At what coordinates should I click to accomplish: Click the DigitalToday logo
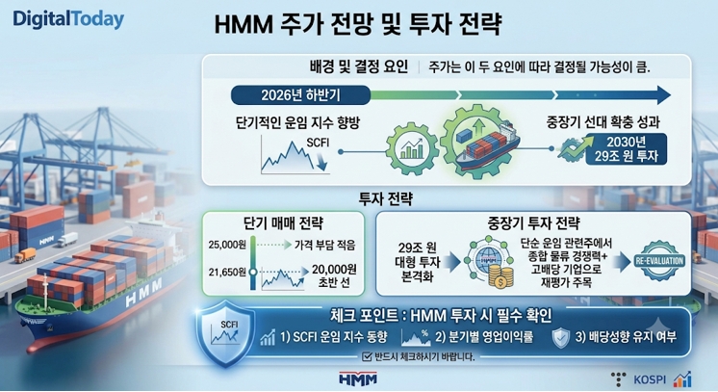pyautogui.click(x=68, y=19)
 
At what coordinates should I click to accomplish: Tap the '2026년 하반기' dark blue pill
pyautogui.click(x=300, y=95)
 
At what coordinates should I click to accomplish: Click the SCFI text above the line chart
pyautogui.click(x=318, y=143)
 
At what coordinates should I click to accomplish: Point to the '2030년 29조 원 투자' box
pyautogui.click(x=626, y=149)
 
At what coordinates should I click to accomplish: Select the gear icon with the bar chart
pyautogui.click(x=412, y=148)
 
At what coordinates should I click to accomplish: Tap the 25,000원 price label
pyautogui.click(x=227, y=245)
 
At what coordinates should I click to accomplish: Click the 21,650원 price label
pyautogui.click(x=227, y=273)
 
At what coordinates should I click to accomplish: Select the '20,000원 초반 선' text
pyautogui.click(x=334, y=276)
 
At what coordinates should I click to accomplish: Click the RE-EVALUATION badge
pyautogui.click(x=659, y=260)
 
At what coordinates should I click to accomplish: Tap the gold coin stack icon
pyautogui.click(x=500, y=277)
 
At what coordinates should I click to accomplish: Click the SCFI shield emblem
pyautogui.click(x=225, y=333)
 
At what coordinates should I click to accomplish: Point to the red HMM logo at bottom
pyautogui.click(x=358, y=379)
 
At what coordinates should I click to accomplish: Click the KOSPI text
pyautogui.click(x=650, y=379)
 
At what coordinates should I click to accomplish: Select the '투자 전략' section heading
pyautogui.click(x=386, y=198)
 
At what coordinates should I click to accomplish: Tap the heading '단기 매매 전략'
pyautogui.click(x=283, y=223)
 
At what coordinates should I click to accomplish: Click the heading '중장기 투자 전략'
pyautogui.click(x=533, y=223)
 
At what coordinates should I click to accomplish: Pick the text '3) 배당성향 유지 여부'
pyautogui.click(x=626, y=337)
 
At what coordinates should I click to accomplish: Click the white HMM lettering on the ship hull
pyautogui.click(x=143, y=293)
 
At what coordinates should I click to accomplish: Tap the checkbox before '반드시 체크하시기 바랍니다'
pyautogui.click(x=367, y=356)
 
